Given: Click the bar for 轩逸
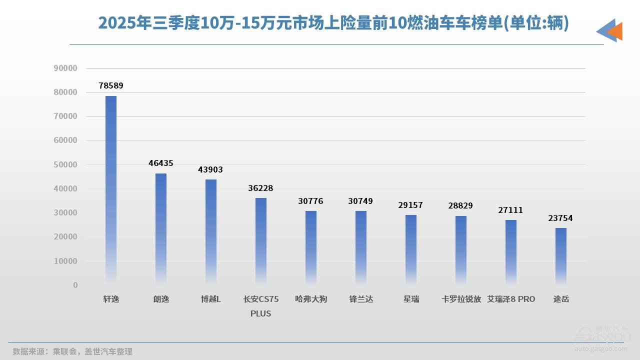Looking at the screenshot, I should pos(111,190).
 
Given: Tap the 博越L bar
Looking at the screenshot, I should pos(211,232).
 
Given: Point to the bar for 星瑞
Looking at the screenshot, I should pos(411,249).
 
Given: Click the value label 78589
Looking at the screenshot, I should pos(111,86).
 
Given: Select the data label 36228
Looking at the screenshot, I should pos(261,188).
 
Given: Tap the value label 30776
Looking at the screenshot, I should pos(311,201).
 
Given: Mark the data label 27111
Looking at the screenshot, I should pos(511,210).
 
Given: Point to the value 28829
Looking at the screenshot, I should pos(461,206).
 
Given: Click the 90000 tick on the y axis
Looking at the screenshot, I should pos(65,68).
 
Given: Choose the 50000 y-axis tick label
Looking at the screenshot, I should pos(65,164).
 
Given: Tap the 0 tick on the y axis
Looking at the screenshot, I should pos(75,285).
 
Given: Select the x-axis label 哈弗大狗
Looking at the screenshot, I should pos(311,299).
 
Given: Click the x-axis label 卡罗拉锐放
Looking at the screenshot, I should pos(461,299).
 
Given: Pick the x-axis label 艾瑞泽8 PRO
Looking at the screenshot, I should pos(511,299).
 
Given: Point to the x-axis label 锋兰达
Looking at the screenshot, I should pos(361,299).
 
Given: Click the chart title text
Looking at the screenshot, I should pos(333,23).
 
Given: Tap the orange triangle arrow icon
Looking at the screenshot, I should pos(615,31).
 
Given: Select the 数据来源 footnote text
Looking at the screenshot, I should pos(72,351).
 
